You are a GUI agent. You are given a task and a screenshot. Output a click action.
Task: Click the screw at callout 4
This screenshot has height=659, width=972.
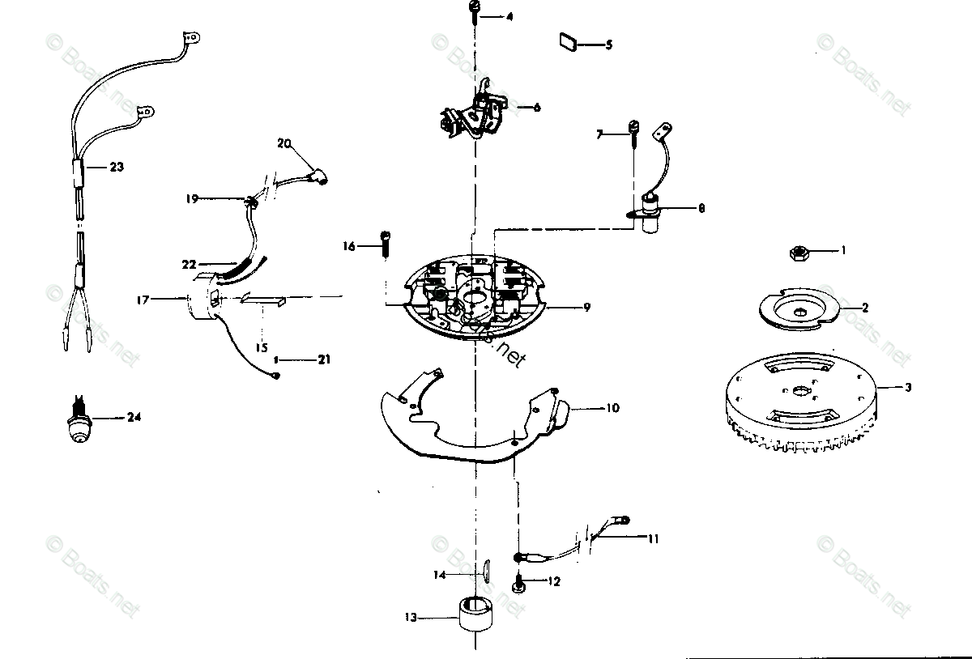click(x=475, y=11)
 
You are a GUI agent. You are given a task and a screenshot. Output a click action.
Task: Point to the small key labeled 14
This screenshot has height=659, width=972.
click(x=484, y=569)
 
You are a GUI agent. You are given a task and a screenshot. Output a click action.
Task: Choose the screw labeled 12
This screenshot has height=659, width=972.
click(x=518, y=581)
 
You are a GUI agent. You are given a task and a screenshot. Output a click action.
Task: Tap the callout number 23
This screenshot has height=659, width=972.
click(x=117, y=167)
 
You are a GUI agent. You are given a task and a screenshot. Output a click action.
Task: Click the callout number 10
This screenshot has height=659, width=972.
click(x=612, y=408)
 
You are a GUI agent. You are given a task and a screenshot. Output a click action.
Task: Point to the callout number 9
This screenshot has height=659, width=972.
click(x=586, y=307)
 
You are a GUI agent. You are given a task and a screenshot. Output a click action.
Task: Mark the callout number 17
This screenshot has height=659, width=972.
click(x=143, y=300)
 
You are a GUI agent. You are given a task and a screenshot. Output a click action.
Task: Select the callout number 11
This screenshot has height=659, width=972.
click(x=653, y=537)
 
